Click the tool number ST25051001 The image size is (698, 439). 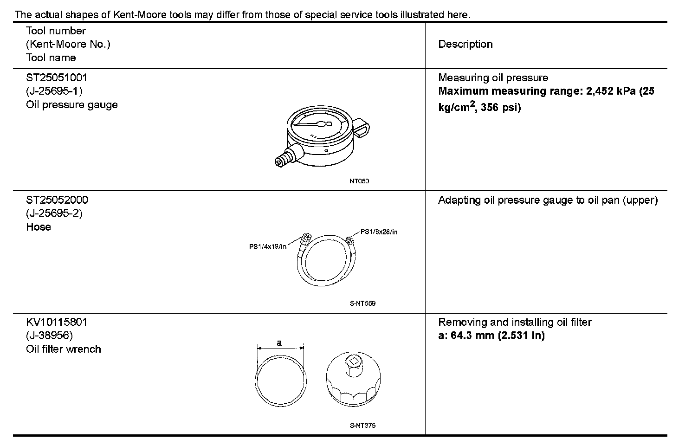point(57,77)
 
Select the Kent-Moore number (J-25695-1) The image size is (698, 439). point(54,91)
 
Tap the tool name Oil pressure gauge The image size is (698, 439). point(72,105)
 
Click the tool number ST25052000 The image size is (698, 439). point(57,200)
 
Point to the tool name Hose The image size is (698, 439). point(39,227)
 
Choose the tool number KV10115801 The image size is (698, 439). point(57,322)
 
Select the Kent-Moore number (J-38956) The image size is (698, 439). point(50,336)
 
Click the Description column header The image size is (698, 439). point(465,45)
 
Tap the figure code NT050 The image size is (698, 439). point(359,181)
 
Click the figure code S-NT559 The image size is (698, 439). point(362,303)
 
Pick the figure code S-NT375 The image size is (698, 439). point(362,426)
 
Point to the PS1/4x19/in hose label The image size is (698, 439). point(268,246)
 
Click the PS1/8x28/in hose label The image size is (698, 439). point(379,232)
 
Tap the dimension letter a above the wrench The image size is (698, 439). point(279,343)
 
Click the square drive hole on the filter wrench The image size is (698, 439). point(354,362)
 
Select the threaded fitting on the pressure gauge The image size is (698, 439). point(284,158)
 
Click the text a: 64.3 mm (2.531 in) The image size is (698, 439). point(491,336)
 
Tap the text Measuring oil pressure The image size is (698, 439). point(493,77)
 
